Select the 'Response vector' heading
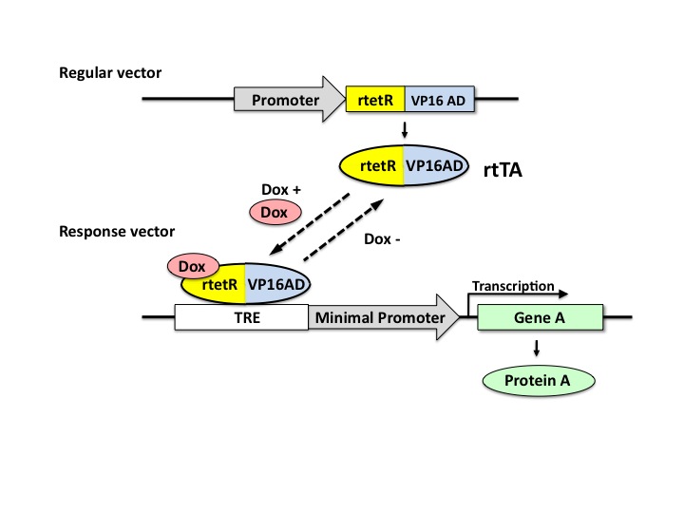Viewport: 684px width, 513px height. pos(111,231)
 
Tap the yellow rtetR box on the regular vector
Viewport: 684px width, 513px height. pos(375,99)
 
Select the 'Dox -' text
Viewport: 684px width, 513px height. pos(383,239)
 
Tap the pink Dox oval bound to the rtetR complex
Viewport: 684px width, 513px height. pos(193,266)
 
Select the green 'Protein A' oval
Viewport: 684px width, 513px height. pos(540,381)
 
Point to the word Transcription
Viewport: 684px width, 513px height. pos(513,285)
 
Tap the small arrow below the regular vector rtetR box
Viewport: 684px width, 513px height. pos(407,129)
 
